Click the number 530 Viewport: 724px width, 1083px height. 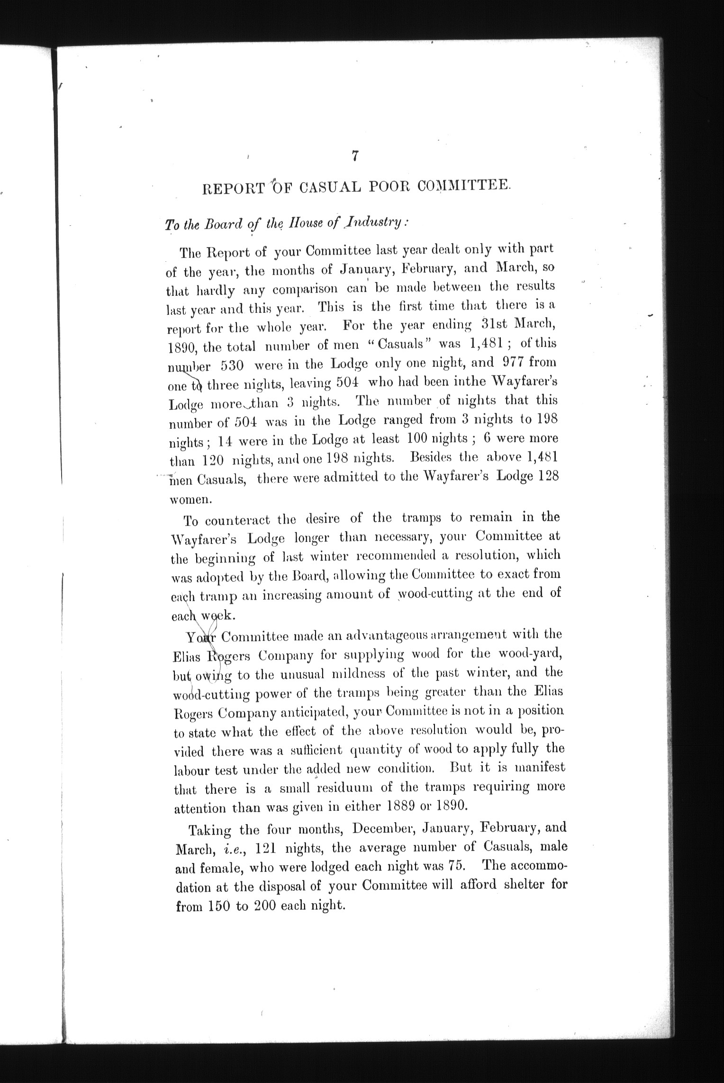pyautogui.click(x=232, y=366)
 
